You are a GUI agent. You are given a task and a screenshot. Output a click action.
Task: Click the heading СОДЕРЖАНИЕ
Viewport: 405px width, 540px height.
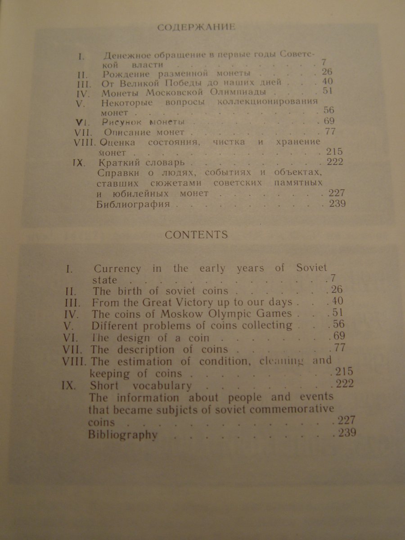click(x=196, y=28)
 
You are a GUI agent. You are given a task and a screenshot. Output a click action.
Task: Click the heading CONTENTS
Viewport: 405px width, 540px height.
click(x=196, y=234)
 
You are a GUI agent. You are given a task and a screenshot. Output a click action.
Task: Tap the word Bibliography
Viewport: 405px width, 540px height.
click(x=123, y=435)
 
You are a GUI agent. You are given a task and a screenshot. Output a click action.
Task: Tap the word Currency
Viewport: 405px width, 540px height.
click(x=117, y=269)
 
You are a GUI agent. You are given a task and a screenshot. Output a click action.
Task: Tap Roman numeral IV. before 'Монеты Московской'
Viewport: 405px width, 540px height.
click(x=85, y=93)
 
